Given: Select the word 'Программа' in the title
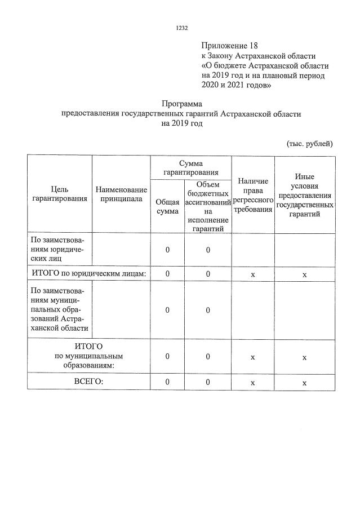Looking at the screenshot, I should coord(181,104).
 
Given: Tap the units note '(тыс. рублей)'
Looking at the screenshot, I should coord(309,143).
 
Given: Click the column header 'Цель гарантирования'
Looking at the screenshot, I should coord(60,194).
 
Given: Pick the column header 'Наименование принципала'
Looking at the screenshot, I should coord(121,194).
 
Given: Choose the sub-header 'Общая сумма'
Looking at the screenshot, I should coord(167,206).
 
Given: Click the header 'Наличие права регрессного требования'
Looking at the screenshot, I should coord(253,194).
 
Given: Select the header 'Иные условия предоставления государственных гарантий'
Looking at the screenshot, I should coord(304,195).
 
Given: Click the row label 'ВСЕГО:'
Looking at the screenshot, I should coord(89,382).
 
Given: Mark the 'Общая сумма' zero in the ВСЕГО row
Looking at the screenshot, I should coord(167,382).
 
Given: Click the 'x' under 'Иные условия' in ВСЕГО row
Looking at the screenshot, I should coord(304,383).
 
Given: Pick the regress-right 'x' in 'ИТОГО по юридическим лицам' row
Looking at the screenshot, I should coord(253,274).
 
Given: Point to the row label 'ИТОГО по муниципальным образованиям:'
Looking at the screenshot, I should coord(88,356).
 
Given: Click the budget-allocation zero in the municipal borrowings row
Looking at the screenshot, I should coord(208,310).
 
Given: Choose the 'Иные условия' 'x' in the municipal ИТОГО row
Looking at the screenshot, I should coord(304,357).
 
